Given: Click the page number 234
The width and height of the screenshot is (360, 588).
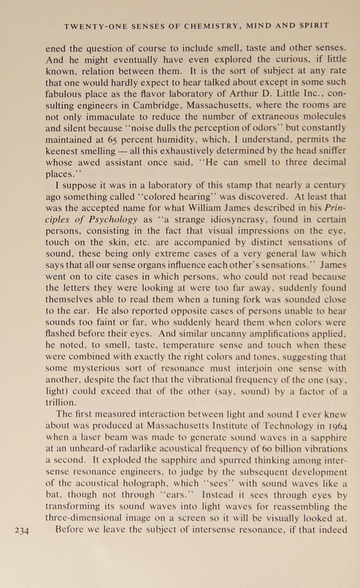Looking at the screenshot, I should [22, 531].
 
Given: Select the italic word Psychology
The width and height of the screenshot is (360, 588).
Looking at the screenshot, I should [113, 219].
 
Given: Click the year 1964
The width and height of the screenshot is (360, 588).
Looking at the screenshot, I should [337, 426].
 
